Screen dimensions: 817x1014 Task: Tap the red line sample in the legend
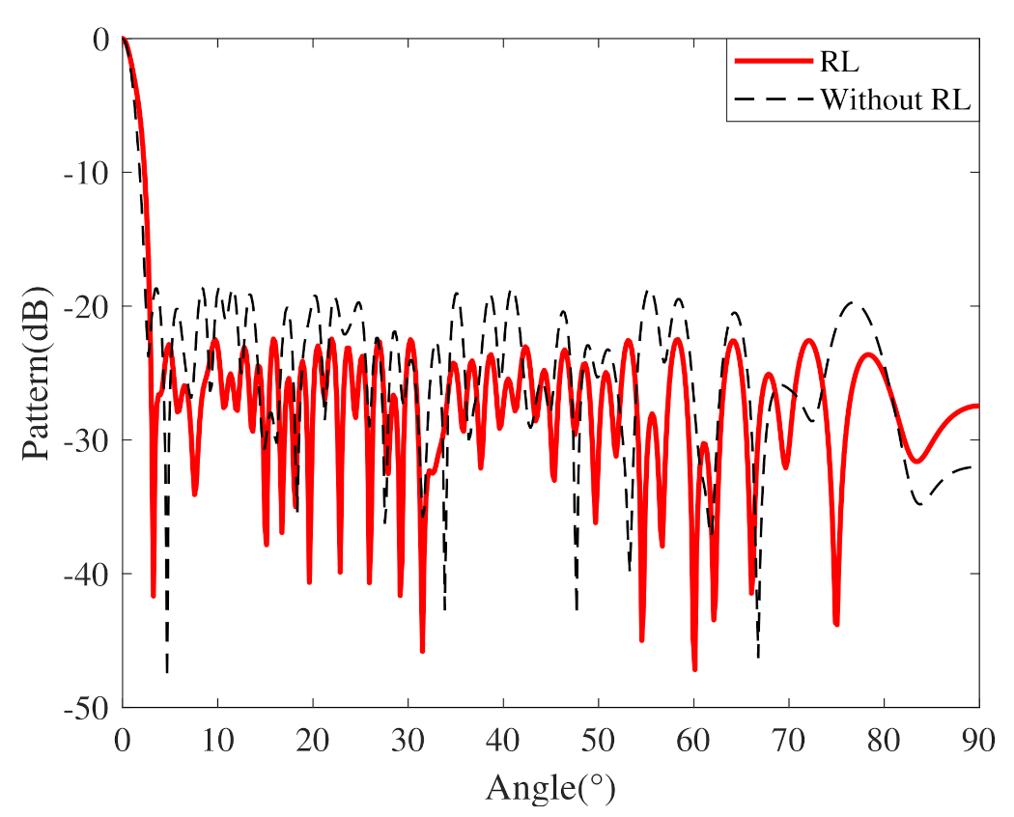[772, 63]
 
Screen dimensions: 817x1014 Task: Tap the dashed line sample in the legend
[772, 99]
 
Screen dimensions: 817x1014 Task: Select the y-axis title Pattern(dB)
[37, 373]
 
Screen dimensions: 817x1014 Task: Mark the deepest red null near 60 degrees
[694, 668]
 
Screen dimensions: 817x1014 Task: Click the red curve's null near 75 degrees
[836, 624]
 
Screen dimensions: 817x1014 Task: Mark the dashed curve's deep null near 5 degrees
[167, 669]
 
